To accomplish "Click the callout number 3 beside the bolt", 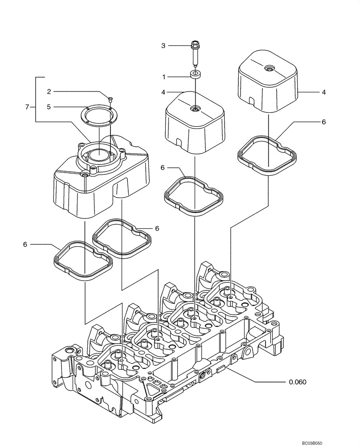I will point(163,45).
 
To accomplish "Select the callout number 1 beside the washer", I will point(164,77).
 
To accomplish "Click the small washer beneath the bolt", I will point(195,74).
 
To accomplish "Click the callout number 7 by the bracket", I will point(28,107).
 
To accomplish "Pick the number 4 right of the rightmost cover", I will point(324,92).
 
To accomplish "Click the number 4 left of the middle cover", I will point(164,92).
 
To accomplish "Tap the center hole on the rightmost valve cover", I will point(269,69).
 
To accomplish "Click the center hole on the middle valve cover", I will point(195,108).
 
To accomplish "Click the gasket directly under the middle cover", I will point(194,195).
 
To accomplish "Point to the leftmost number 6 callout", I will point(25,244).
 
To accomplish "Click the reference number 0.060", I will point(297,382).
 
